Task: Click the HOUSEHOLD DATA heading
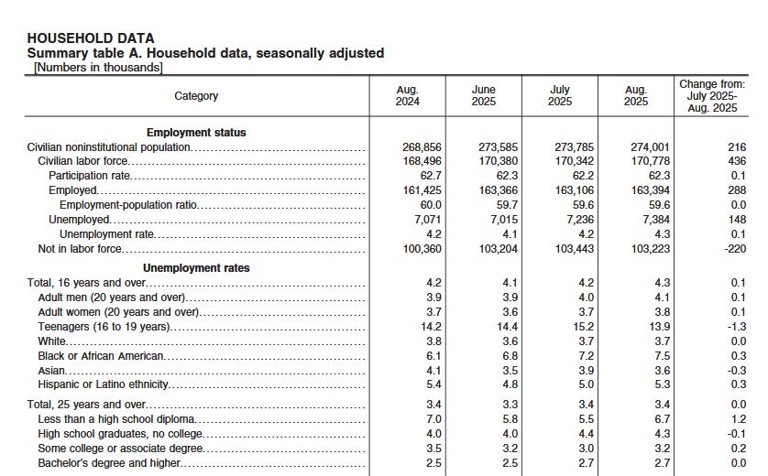[91, 38]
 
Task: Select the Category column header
[196, 96]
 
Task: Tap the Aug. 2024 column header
[407, 95]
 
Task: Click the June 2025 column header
[483, 95]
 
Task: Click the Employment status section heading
[196, 133]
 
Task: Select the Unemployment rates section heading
[196, 268]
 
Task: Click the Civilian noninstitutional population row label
[109, 147]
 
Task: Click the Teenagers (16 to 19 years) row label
[104, 327]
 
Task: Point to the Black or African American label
[101, 356]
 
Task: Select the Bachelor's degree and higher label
[109, 463]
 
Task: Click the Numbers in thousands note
[98, 67]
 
